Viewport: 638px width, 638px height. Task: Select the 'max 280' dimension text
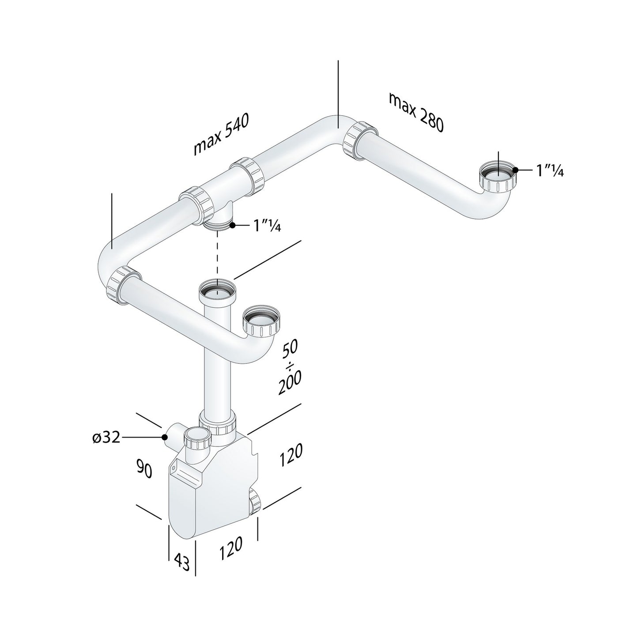click(x=415, y=112)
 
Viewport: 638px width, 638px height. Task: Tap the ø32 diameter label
click(x=106, y=438)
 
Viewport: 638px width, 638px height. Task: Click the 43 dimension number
click(x=181, y=561)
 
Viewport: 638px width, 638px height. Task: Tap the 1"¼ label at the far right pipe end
click(x=550, y=170)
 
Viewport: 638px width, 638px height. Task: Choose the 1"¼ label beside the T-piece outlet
click(x=267, y=226)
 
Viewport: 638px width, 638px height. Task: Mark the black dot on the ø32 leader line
click(x=164, y=437)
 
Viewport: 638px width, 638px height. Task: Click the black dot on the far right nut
click(x=515, y=170)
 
